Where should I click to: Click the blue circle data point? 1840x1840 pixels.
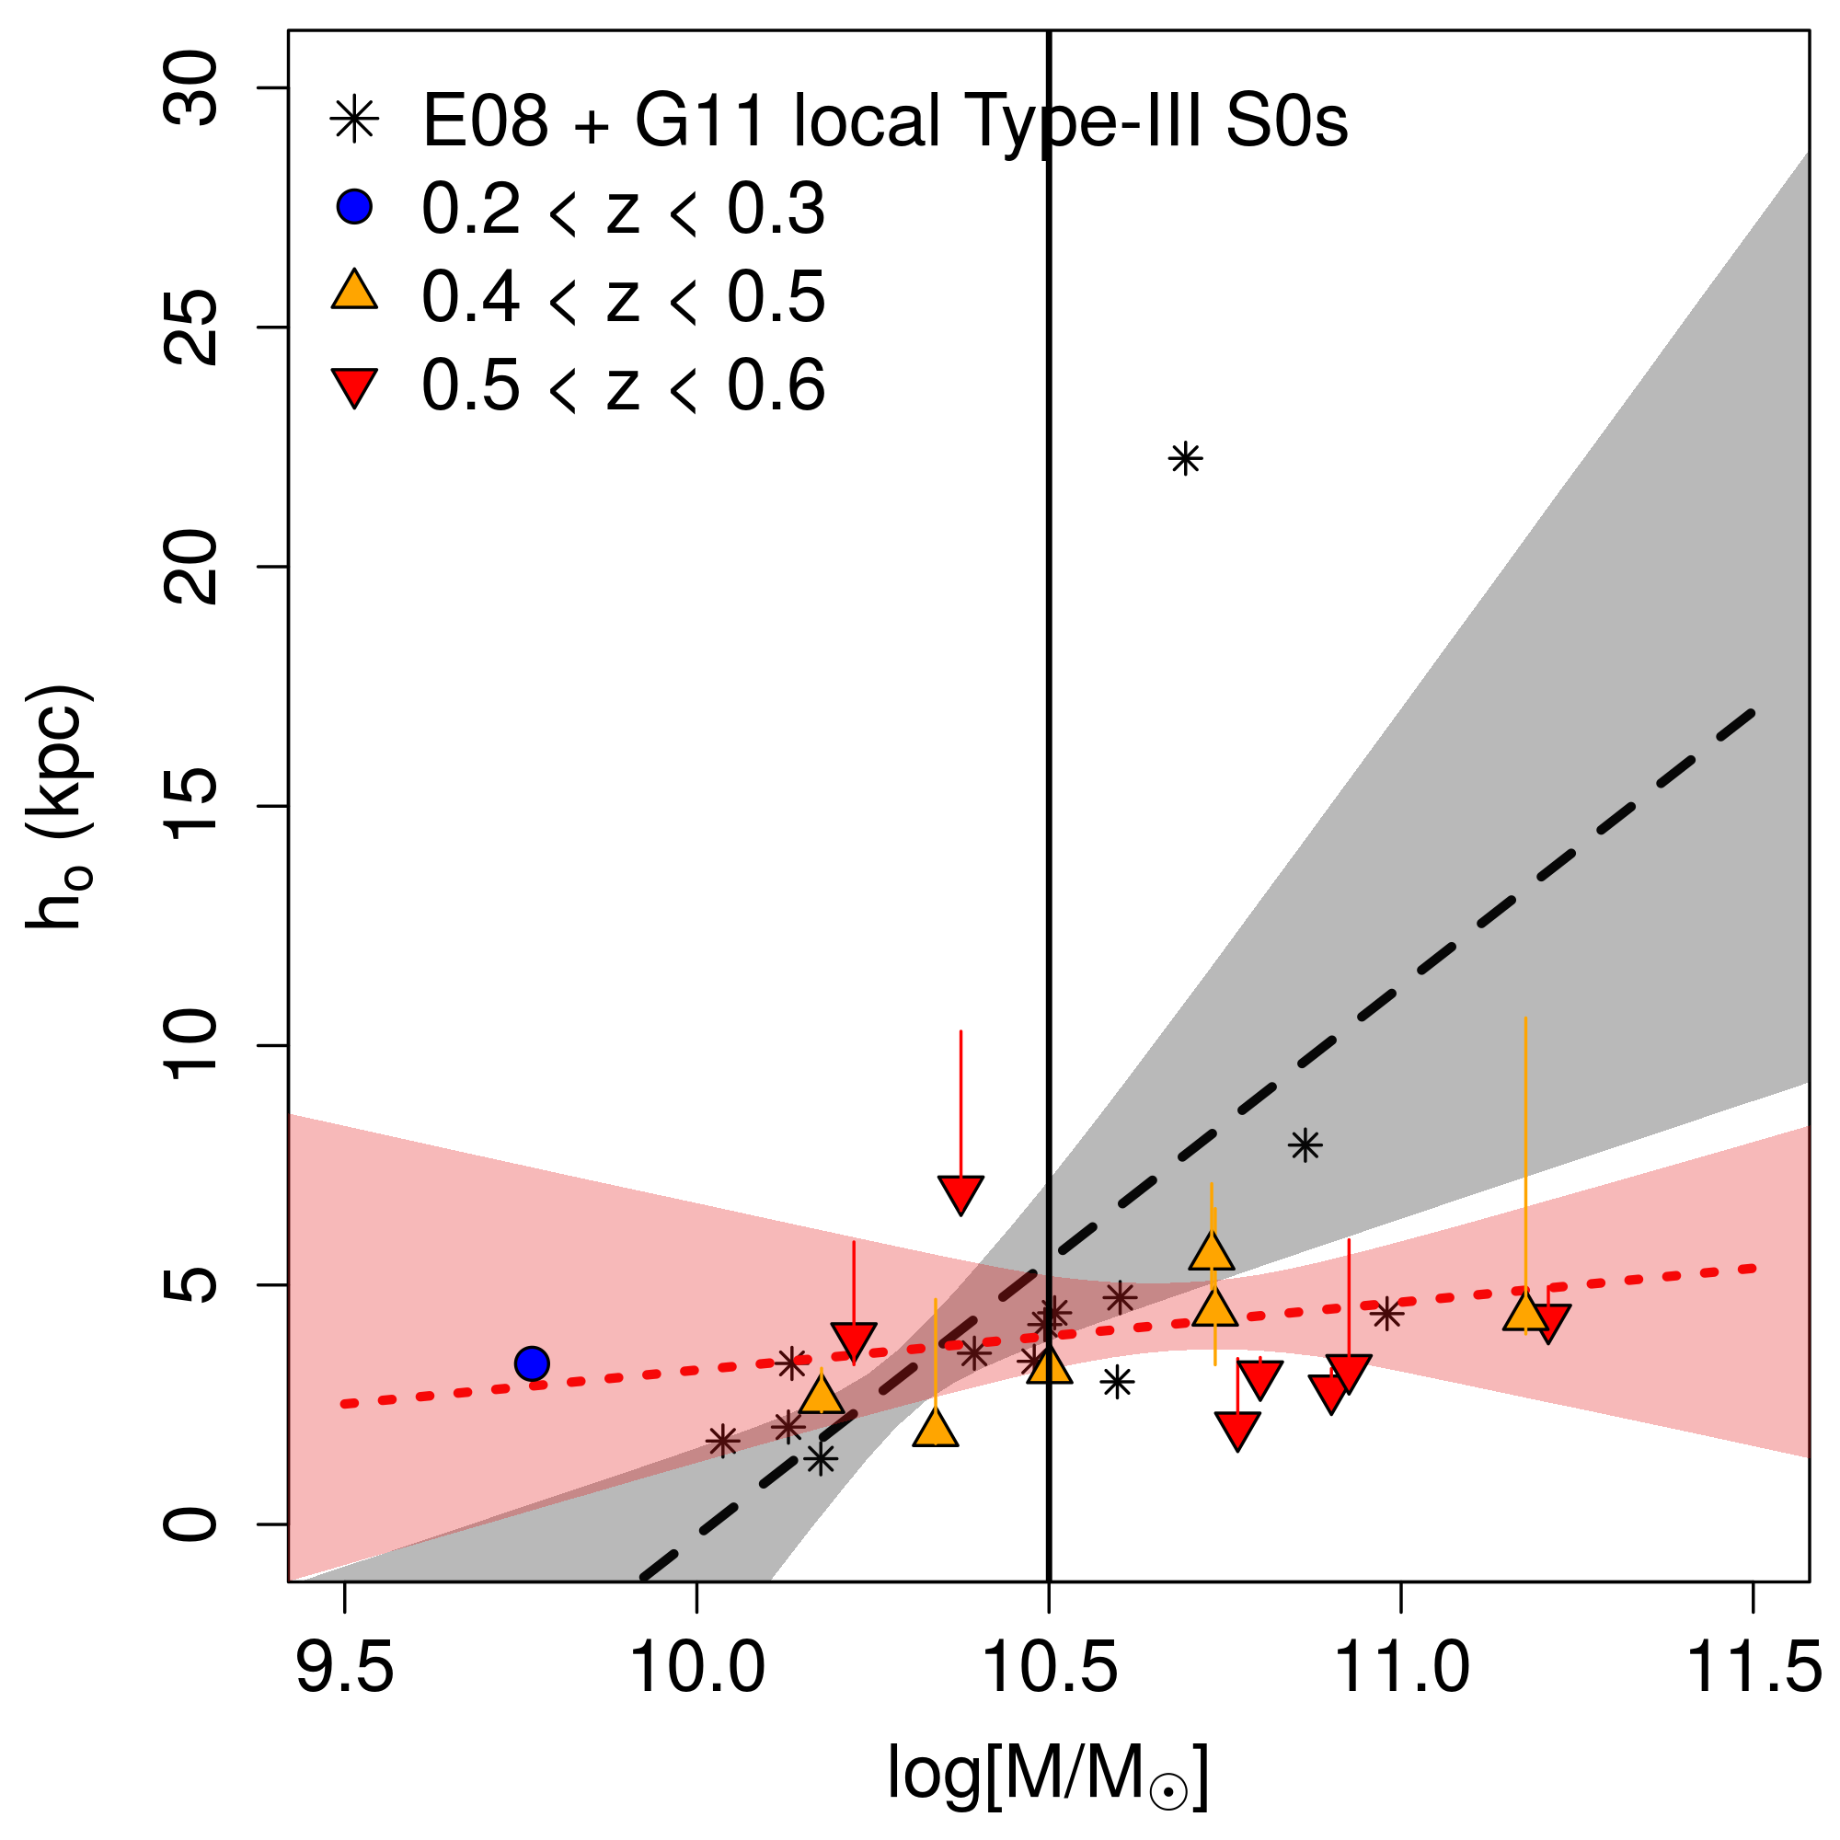click(x=532, y=1363)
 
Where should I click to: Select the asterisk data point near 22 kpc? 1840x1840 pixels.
click(x=1185, y=460)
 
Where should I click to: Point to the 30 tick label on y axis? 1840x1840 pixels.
click(x=190, y=89)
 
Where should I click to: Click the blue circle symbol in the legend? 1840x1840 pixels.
click(x=354, y=207)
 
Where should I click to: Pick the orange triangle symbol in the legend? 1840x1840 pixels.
click(x=354, y=292)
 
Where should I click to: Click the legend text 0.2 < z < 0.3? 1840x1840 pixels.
click(x=623, y=209)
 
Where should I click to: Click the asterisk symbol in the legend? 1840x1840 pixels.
click(x=354, y=120)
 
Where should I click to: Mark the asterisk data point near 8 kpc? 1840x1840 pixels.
click(x=1305, y=1145)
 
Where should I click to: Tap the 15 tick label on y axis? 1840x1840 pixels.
click(x=190, y=807)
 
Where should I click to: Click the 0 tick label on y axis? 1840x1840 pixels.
click(x=190, y=1524)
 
